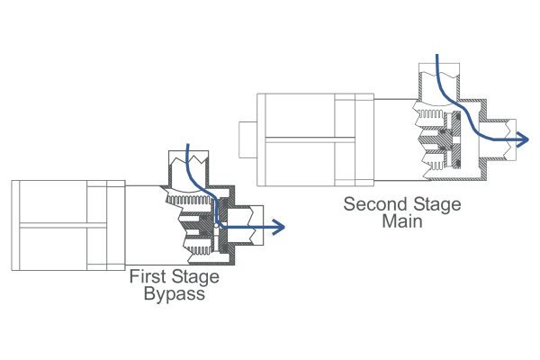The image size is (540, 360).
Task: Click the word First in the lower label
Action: [147, 277]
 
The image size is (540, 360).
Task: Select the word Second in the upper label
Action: [372, 204]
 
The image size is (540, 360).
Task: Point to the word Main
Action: [402, 220]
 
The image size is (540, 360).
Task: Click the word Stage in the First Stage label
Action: [193, 277]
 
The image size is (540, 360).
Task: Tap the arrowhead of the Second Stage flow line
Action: [523, 139]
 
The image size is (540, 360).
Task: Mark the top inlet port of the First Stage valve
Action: [189, 164]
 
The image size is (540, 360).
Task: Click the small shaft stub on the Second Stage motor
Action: [247, 139]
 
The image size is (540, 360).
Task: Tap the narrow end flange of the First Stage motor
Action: [114, 224]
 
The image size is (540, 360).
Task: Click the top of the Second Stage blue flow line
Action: [438, 57]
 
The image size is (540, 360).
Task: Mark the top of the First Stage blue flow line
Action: [186, 146]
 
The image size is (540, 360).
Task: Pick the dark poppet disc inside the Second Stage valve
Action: [455, 138]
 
